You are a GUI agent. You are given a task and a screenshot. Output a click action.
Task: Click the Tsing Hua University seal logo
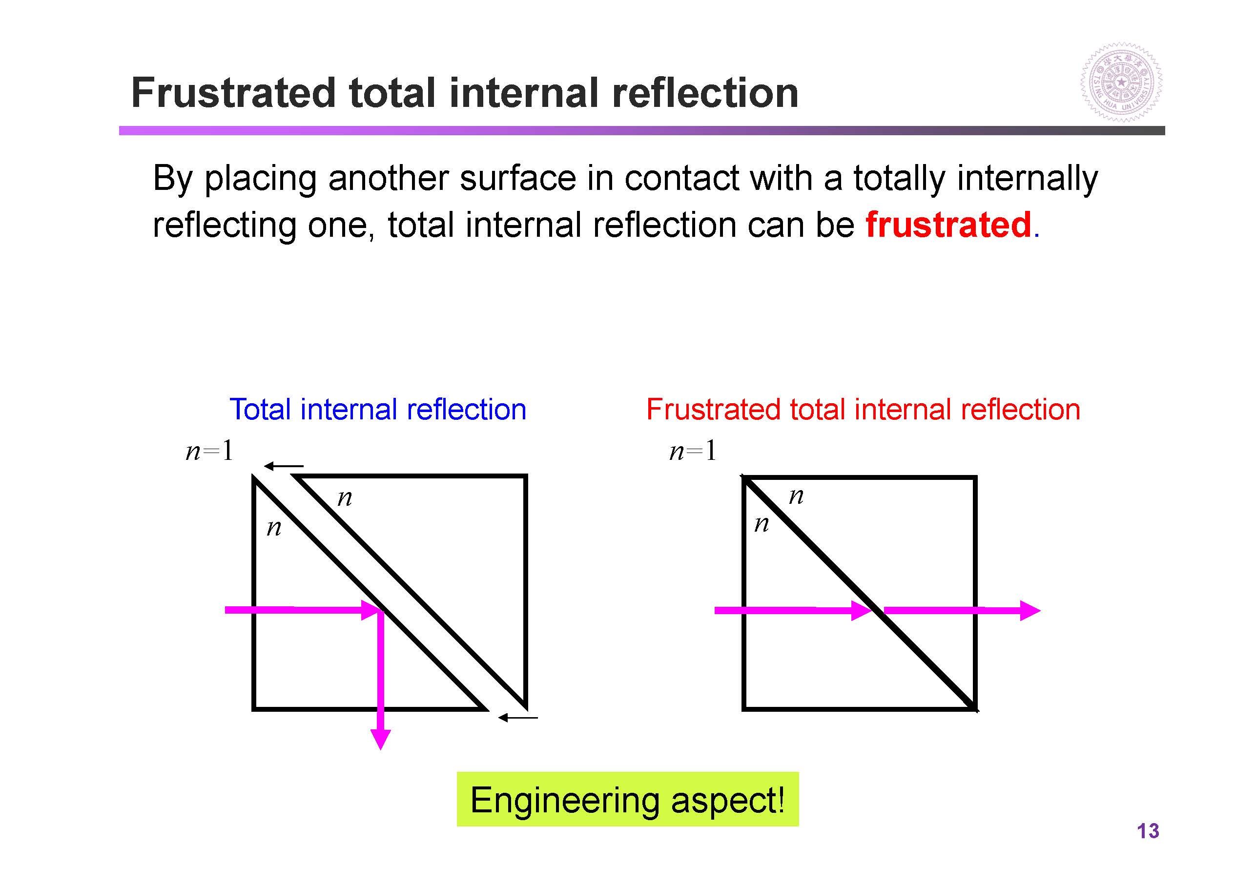coord(1121,82)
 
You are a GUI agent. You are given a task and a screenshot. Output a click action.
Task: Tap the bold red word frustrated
coord(948,225)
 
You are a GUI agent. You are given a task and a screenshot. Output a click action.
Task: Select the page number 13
coord(1147,831)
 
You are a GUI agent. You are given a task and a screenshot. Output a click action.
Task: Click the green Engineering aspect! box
coord(627,799)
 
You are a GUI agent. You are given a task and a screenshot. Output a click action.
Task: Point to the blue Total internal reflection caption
coord(377,409)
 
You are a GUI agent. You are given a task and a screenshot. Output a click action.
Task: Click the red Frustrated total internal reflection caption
coord(863,409)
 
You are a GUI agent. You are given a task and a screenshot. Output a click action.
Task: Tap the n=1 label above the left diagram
coord(209,452)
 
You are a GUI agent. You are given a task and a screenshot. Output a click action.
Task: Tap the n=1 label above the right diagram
coord(693,452)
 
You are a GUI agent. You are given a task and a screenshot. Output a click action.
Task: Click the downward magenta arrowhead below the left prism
coord(380,738)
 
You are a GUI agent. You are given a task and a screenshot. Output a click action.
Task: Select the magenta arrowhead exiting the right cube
coord(1029,611)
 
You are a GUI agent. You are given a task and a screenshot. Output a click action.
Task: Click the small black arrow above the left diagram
coord(283,466)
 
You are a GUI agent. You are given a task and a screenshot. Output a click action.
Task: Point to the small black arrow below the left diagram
coord(517,717)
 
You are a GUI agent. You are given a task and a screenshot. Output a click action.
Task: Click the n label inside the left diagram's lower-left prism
coord(274,528)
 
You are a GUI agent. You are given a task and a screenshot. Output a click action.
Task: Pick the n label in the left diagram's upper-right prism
coord(345,498)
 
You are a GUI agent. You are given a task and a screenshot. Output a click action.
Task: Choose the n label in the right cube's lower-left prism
coord(762,524)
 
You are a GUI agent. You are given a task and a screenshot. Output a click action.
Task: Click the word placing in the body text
coord(260,179)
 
